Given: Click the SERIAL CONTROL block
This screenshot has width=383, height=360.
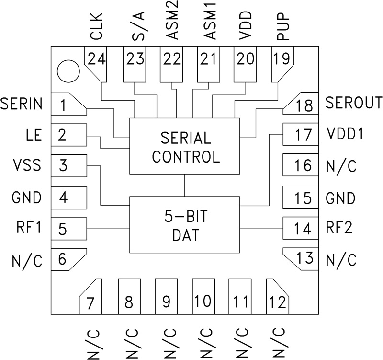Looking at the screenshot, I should (x=184, y=147).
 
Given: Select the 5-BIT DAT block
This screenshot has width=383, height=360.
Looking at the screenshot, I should (x=184, y=225).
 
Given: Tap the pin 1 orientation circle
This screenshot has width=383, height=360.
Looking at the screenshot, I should (x=67, y=72).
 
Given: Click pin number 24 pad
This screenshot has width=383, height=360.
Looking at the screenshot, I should (x=97, y=59).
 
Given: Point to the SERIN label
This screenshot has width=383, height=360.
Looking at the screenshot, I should (x=21, y=103).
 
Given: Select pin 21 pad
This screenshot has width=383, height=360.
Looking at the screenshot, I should (x=208, y=60).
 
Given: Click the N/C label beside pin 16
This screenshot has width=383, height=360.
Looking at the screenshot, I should (x=341, y=166).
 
